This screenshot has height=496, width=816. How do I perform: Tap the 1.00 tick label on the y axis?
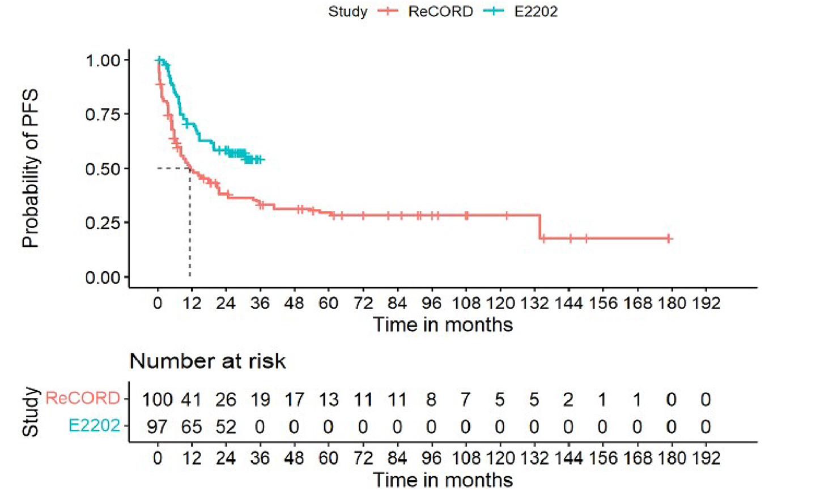pyautogui.click(x=103, y=60)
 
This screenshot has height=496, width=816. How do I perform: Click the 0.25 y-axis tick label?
pyautogui.click(x=103, y=223)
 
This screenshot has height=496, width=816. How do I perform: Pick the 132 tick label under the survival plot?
pyautogui.click(x=534, y=303)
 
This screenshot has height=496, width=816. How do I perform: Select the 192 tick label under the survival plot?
pyautogui.click(x=705, y=303)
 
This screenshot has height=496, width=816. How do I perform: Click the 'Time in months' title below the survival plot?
pyautogui.click(x=443, y=325)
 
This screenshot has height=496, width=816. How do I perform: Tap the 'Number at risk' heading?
pyautogui.click(x=207, y=361)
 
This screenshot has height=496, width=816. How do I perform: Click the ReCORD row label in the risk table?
pyautogui.click(x=83, y=398)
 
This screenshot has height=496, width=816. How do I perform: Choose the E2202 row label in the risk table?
pyautogui.click(x=94, y=425)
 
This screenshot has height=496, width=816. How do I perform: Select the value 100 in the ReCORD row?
pyautogui.click(x=157, y=400)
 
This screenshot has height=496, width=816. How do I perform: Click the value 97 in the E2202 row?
pyautogui.click(x=157, y=426)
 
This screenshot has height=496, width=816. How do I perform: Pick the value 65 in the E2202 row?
pyautogui.click(x=192, y=426)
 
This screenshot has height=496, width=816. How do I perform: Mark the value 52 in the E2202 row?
pyautogui.click(x=226, y=426)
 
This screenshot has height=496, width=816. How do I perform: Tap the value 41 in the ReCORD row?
pyautogui.click(x=192, y=400)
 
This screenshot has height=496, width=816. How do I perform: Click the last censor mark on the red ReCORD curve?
pyautogui.click(x=669, y=238)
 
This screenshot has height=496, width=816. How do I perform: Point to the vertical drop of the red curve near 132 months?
pyautogui.click(x=540, y=226)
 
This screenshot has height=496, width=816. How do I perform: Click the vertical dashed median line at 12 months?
pyautogui.click(x=190, y=226)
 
